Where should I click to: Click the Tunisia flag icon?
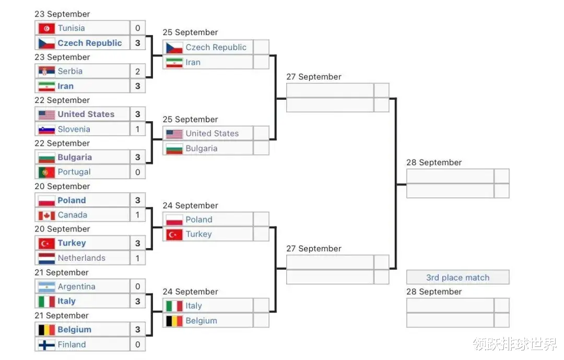(46, 28)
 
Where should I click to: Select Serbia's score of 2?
(138, 71)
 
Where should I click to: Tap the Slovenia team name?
(74, 129)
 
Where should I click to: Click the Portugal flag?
(46, 172)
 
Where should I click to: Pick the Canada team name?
(73, 215)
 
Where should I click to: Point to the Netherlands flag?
(46, 258)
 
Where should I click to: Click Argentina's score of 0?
(138, 286)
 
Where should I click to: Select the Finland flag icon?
(46, 344)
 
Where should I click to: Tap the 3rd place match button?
(457, 277)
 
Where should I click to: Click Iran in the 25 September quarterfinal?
(193, 62)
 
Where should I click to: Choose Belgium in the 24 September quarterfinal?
(201, 321)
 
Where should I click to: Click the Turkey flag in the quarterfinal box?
(174, 234)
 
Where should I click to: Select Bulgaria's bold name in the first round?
(75, 157)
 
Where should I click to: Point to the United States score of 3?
(138, 114)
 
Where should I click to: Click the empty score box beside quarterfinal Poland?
(261, 219)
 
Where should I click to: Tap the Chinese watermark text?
(514, 344)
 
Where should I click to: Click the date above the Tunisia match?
(62, 14)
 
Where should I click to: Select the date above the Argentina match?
(62, 272)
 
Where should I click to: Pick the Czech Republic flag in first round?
(46, 43)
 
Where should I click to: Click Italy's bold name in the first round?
(66, 301)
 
